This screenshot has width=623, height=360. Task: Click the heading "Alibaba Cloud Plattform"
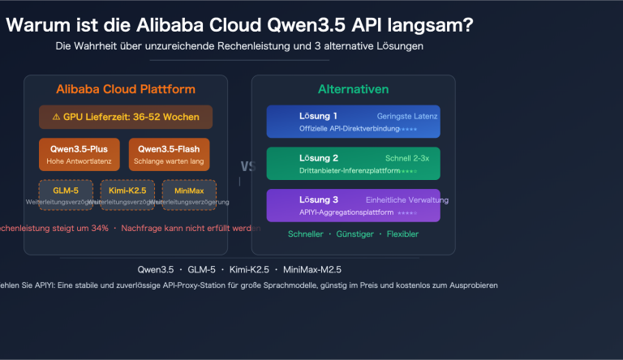126,89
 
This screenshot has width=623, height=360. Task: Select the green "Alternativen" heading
353,89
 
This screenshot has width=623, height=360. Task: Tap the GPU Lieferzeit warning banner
126,118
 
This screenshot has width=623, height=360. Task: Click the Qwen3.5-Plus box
79,154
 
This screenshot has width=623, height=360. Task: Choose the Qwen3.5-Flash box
170,154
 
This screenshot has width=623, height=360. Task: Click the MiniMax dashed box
189,195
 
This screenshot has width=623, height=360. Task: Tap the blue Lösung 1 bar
353,122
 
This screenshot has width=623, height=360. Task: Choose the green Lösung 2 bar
353,163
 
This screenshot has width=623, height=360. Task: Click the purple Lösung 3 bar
353,205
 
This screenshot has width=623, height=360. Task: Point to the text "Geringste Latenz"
407,116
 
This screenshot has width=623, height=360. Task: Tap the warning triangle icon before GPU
56,118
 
